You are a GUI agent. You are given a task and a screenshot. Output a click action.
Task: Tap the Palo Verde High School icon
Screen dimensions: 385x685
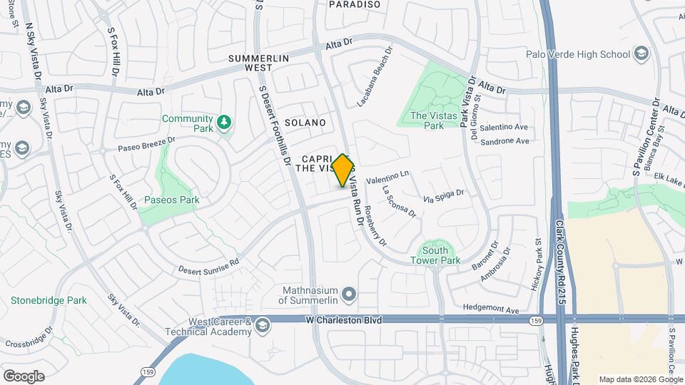tap(641, 54)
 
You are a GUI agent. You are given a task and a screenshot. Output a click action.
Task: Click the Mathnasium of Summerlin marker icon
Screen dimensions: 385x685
tap(349, 294)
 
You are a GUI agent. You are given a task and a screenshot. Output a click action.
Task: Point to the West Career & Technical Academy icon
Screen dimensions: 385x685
tap(263, 326)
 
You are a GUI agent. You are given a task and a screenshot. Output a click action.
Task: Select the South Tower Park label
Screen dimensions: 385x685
tap(435, 255)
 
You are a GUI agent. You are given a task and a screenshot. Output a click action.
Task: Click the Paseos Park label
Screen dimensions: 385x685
tap(172, 200)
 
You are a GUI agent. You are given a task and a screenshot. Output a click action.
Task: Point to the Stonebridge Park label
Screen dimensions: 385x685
tap(49, 300)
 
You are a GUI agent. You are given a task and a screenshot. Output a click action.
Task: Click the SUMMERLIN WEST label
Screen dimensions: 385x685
tap(250, 62)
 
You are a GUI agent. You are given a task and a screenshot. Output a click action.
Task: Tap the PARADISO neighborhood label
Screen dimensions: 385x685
tap(355, 4)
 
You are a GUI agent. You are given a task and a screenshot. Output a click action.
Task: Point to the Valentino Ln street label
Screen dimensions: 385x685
tap(387, 178)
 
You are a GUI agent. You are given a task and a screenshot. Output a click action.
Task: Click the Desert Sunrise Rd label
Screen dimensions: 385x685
tap(208, 266)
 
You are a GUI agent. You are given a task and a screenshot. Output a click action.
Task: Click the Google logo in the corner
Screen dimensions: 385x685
tap(24, 376)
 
